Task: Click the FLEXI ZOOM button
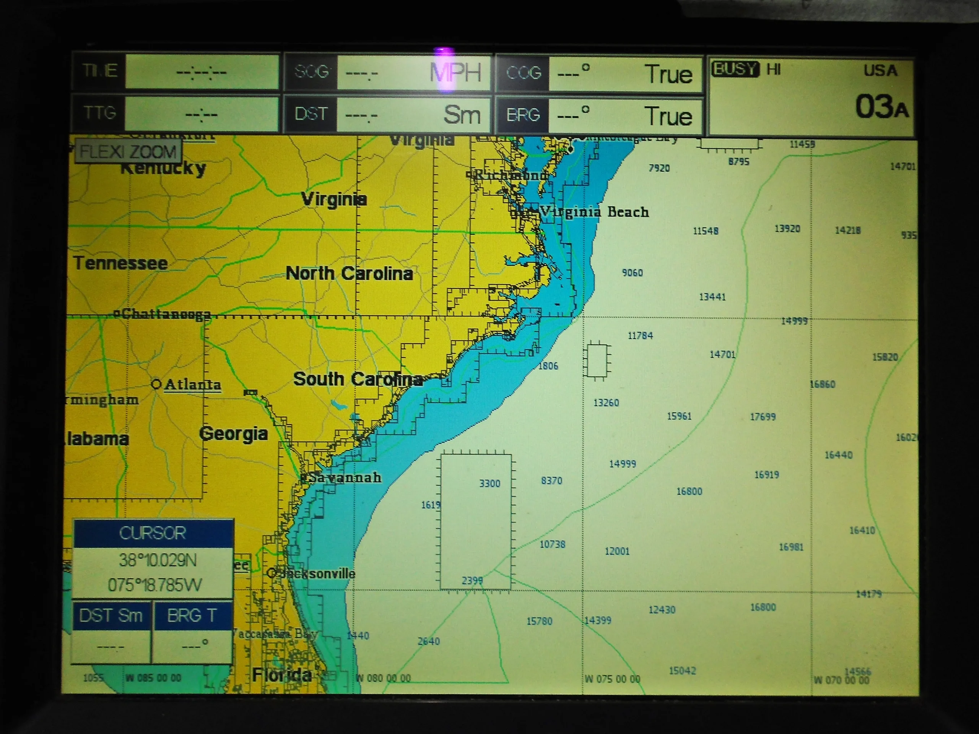click(127, 152)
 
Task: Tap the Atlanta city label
click(192, 385)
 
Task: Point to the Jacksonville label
click(318, 574)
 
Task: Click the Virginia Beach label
click(594, 213)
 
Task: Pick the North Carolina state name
click(349, 273)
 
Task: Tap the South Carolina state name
click(358, 379)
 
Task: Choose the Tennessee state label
click(120, 263)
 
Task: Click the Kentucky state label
click(163, 168)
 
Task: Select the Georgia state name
click(233, 434)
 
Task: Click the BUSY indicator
click(735, 70)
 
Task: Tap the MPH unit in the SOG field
click(455, 72)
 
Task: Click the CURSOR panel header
click(153, 533)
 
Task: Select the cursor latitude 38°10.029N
click(158, 560)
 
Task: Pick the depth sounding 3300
click(489, 484)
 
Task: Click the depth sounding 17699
click(763, 417)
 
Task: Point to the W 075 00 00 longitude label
click(612, 679)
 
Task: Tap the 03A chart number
click(881, 107)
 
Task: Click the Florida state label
click(281, 675)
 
